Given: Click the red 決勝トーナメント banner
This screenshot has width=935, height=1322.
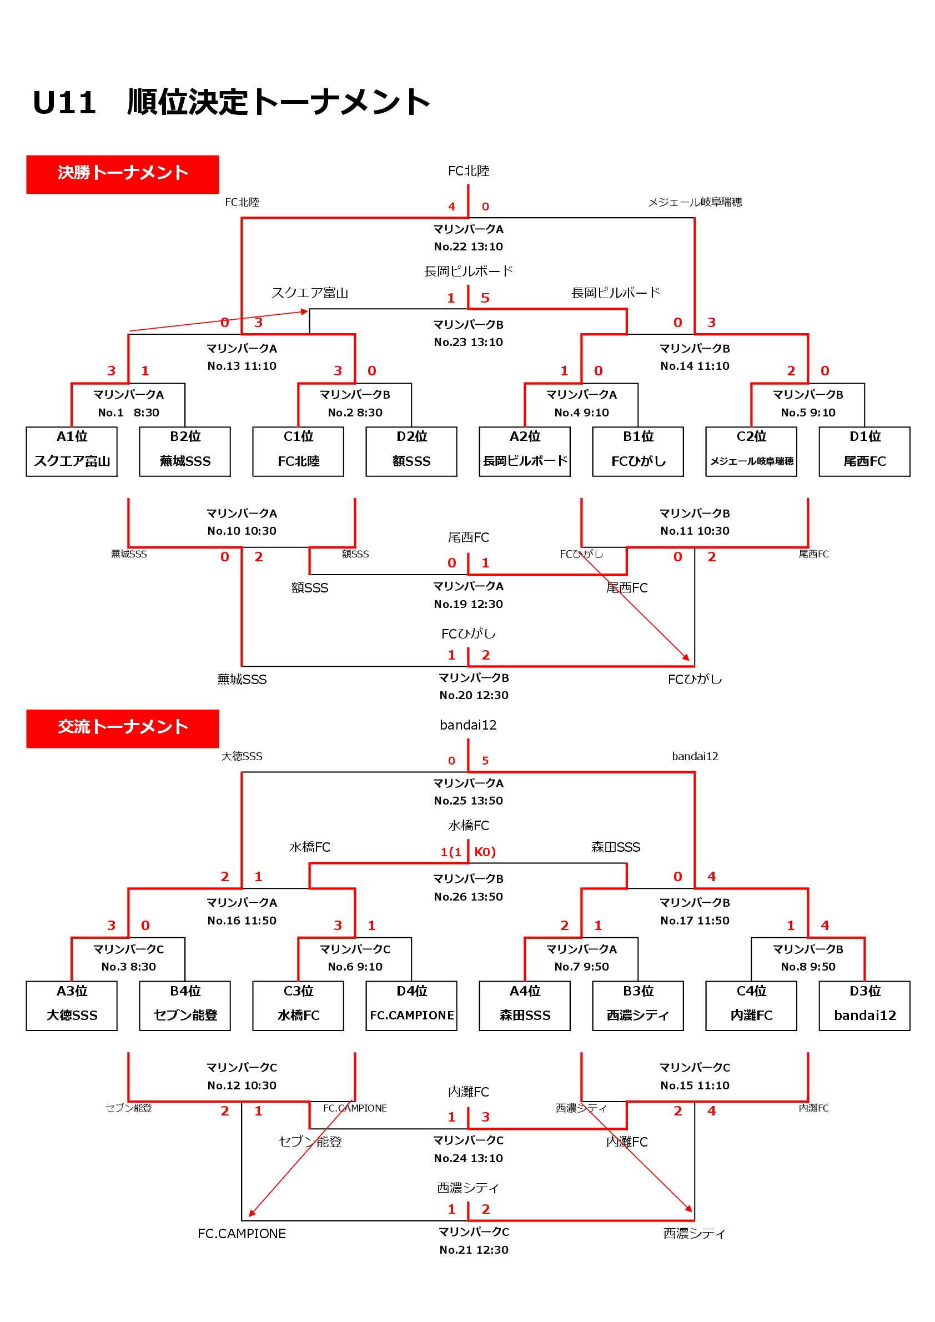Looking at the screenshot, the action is (x=123, y=174).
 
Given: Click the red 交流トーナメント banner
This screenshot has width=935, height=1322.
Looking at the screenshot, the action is (x=123, y=729).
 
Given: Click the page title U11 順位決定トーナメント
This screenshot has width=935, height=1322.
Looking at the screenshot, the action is (x=232, y=103).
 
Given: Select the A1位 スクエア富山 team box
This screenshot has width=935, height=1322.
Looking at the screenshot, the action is (x=72, y=452).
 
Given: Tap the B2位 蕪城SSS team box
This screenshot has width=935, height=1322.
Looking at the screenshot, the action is (x=185, y=452).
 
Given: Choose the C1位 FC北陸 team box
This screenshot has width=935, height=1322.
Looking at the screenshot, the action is (x=298, y=452).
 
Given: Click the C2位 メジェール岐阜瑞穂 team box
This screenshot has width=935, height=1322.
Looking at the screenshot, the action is (x=751, y=452).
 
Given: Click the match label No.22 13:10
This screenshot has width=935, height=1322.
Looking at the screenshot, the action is (x=469, y=247).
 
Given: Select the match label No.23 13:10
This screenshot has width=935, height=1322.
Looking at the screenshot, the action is (x=469, y=343).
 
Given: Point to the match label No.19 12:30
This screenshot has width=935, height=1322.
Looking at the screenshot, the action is (x=469, y=605).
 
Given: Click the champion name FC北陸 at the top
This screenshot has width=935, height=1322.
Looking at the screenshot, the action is (x=469, y=171).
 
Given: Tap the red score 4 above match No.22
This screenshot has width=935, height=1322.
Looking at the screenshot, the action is (x=451, y=207).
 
